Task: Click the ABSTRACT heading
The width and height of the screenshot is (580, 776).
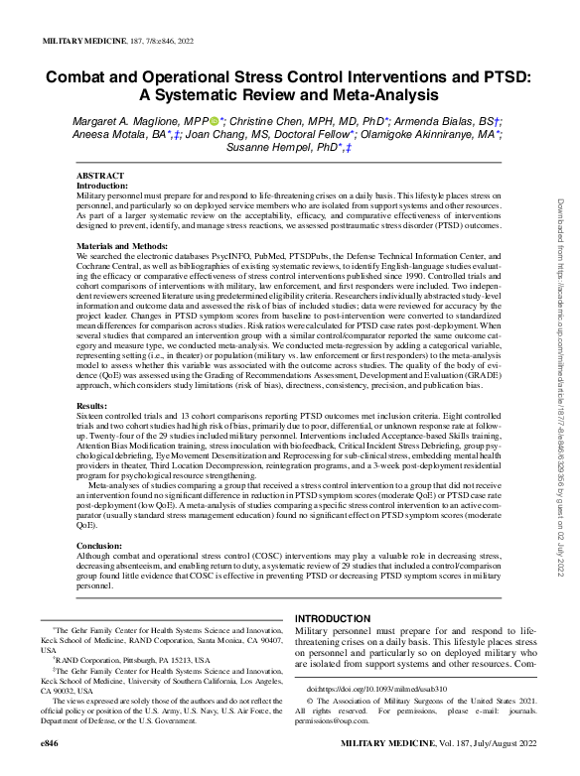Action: pyautogui.click(x=100, y=175)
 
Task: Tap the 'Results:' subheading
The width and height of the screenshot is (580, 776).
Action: pyautogui.click(x=91, y=406)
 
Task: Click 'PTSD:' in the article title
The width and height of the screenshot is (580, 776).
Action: pyautogui.click(x=503, y=75)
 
